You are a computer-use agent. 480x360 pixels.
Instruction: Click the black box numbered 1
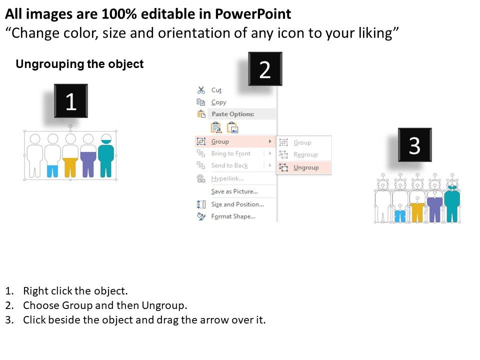click(x=71, y=101)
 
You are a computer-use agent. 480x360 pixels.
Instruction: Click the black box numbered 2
click(x=265, y=69)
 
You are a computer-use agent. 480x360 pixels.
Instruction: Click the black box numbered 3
click(x=415, y=145)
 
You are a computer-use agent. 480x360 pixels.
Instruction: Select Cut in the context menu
click(x=216, y=90)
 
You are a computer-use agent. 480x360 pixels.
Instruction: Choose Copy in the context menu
click(x=218, y=102)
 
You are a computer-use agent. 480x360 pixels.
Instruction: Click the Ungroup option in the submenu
click(x=306, y=167)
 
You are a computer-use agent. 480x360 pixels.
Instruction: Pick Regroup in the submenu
click(x=305, y=154)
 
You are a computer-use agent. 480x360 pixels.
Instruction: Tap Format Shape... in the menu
click(x=233, y=216)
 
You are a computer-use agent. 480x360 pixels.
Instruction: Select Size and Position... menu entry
click(x=237, y=204)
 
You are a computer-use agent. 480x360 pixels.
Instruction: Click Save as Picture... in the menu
click(x=234, y=191)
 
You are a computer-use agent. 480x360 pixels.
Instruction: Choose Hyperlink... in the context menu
click(x=227, y=178)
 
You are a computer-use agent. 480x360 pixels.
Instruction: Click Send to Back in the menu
click(x=229, y=165)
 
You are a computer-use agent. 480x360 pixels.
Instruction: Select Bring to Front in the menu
click(x=231, y=153)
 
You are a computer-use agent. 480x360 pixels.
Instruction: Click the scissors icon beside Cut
click(x=201, y=90)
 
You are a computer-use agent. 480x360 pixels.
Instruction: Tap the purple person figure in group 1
click(x=88, y=155)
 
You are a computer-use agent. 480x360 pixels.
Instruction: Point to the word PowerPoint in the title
click(x=253, y=14)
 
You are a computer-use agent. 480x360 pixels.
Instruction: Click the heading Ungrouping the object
click(x=79, y=64)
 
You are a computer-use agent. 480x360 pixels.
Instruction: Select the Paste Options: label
click(x=233, y=114)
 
